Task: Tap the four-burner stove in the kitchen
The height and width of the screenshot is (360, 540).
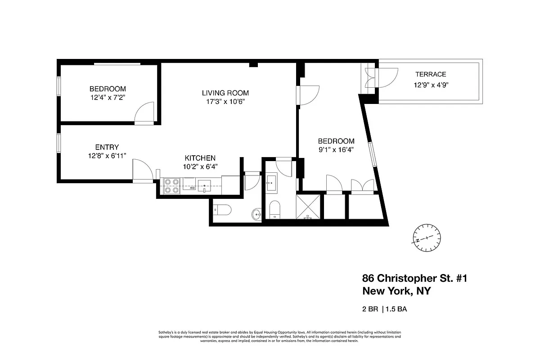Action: pyautogui.click(x=171, y=186)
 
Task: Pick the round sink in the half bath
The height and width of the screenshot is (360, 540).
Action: pyautogui.click(x=256, y=214)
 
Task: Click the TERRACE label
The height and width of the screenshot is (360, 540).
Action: pyautogui.click(x=431, y=74)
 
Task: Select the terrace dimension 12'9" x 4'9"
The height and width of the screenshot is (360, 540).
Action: pyautogui.click(x=431, y=84)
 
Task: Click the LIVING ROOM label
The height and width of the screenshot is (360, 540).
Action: pyautogui.click(x=225, y=93)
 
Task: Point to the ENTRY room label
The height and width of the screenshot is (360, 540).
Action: pyautogui.click(x=107, y=147)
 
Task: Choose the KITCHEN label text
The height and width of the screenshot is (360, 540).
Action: pyautogui.click(x=200, y=158)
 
